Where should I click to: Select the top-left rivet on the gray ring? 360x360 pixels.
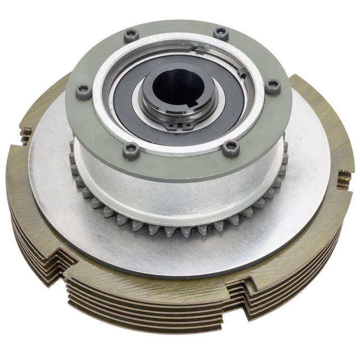[x=131, y=36]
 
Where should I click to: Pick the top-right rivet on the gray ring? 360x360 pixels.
[x=221, y=33]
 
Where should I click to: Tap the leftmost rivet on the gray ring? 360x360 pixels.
[x=83, y=91]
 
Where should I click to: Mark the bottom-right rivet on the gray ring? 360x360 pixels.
[x=231, y=148]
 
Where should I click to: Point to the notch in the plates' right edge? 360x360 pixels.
[x=344, y=179]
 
